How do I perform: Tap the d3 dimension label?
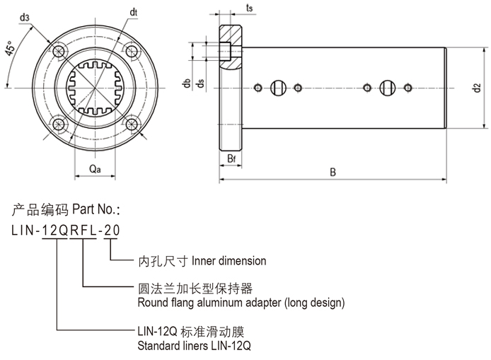click(25, 17)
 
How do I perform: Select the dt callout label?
click(133, 12)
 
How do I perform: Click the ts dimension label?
click(250, 8)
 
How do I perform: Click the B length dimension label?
click(333, 170)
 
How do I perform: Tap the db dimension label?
click(185, 84)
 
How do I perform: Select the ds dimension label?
click(200, 84)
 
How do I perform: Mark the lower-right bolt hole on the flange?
click(132, 124)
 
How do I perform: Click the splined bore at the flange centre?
click(95, 87)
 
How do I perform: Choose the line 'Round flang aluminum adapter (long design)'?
click(241, 303)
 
